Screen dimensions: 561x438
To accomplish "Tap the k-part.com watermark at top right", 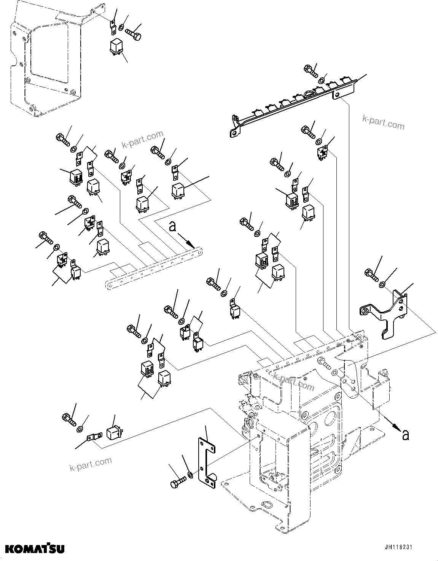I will tap(383, 122).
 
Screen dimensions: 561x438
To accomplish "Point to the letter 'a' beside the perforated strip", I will tap(172, 227).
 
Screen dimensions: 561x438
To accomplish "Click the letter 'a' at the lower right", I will tap(406, 434).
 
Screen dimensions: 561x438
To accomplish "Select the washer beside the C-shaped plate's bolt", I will tap(190, 475).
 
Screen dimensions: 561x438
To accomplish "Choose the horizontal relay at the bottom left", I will tap(113, 433).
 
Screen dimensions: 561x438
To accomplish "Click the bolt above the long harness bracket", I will tap(311, 71).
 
